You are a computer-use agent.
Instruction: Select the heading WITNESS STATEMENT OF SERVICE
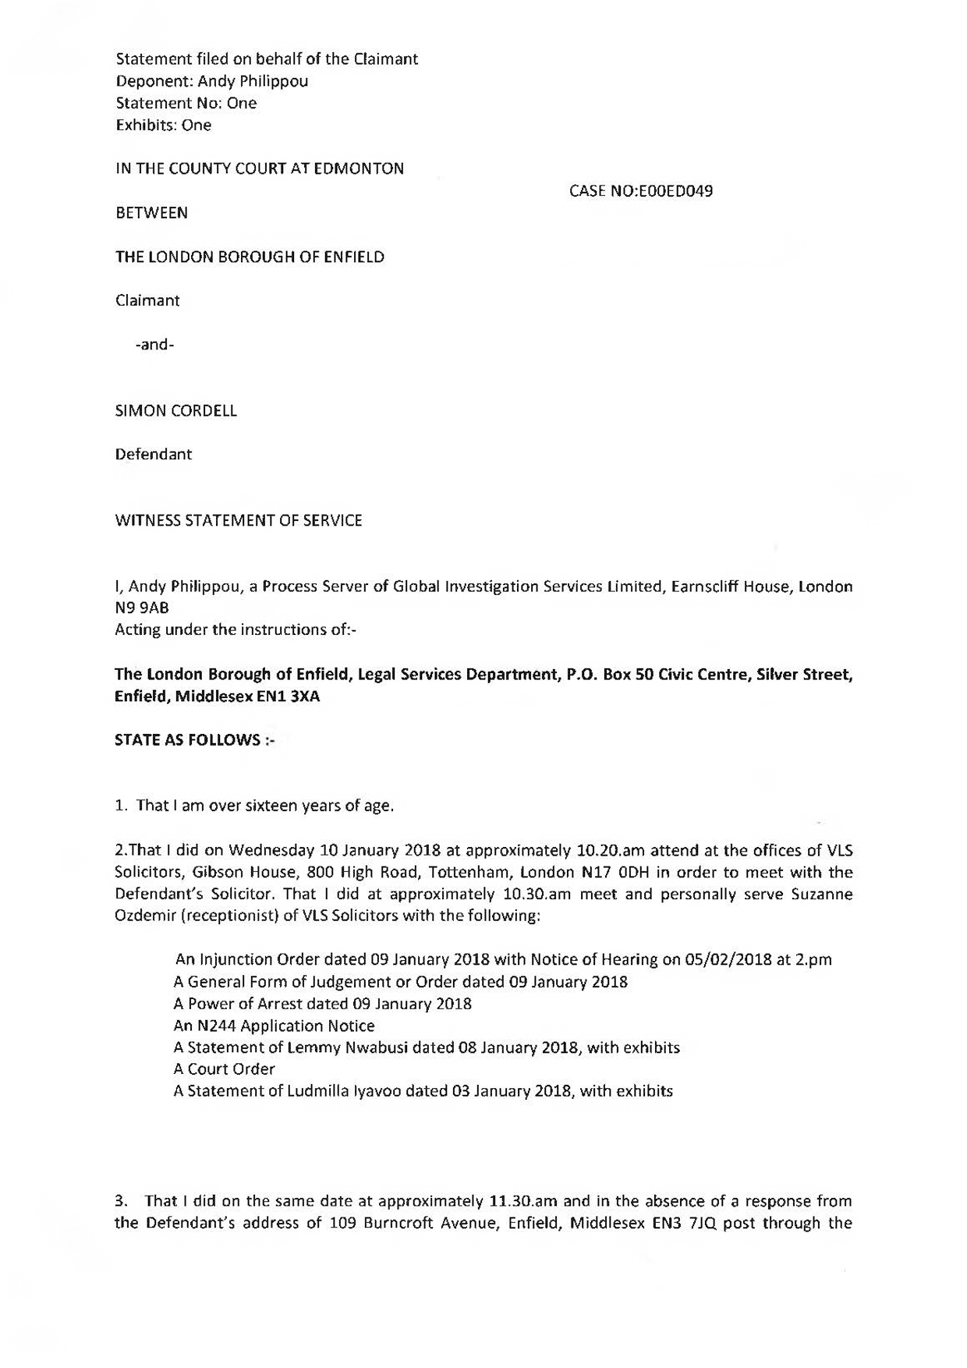[x=239, y=520]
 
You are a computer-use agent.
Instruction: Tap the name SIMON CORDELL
[x=176, y=411]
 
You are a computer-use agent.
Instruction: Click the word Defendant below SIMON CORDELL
[x=154, y=454]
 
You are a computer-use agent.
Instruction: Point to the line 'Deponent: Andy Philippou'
[x=212, y=81]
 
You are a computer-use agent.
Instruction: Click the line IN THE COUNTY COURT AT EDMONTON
[x=260, y=168]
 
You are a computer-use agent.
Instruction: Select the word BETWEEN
[x=152, y=213]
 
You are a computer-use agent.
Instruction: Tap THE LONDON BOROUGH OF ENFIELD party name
[x=250, y=257]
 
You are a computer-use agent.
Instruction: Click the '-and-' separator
[x=155, y=344]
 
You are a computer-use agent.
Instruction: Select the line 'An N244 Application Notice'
[x=274, y=1026]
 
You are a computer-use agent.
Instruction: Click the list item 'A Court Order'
[x=225, y=1069]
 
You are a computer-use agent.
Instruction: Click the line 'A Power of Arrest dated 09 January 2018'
[x=322, y=1004]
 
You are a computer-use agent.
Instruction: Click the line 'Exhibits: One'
[x=164, y=125]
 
